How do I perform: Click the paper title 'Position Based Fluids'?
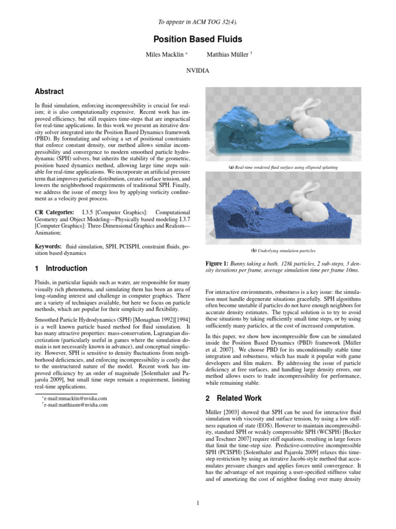197,39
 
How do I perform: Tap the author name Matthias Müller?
227,54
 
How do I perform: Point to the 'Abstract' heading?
49,91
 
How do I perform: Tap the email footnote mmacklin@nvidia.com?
75,398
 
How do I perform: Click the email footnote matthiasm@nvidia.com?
76,405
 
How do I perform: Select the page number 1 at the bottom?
197,504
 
